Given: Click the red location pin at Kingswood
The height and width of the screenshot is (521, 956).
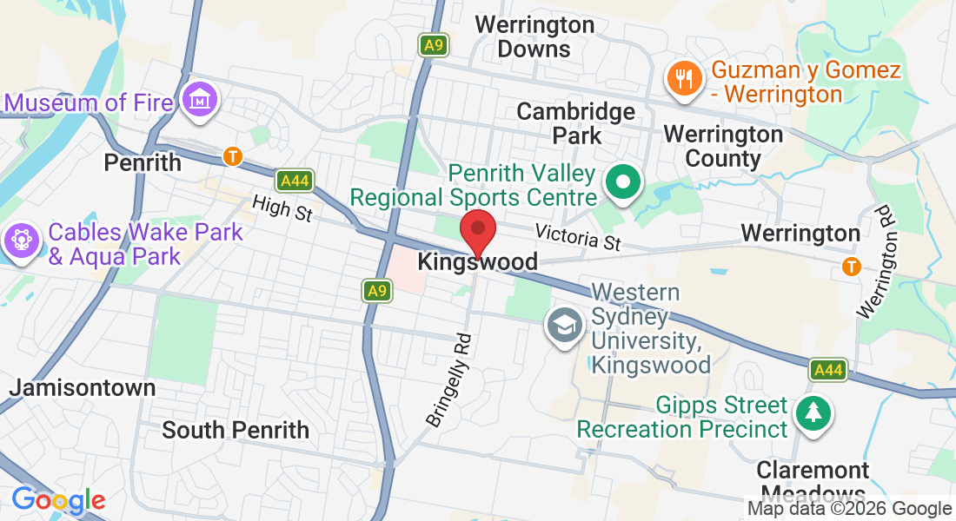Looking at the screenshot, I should coord(477,230).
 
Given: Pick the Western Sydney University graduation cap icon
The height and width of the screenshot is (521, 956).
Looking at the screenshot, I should coord(564,326).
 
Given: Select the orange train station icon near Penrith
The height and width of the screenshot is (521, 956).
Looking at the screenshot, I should coord(232,156).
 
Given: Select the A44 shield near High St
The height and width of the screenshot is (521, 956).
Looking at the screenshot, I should coord(295,181).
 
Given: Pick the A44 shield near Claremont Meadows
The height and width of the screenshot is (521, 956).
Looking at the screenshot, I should coord(828,370).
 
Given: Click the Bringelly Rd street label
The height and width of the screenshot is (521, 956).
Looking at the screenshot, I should coord(449,380).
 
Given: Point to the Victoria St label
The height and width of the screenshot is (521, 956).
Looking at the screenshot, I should coord(578,237).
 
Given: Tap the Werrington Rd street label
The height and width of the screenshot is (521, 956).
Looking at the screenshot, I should coord(875,260).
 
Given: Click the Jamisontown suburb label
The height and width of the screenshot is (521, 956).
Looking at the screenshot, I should coord(83,387).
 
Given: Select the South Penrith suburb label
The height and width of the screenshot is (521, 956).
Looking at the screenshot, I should coord(236,429).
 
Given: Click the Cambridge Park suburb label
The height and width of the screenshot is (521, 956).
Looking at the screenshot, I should coord(576,123).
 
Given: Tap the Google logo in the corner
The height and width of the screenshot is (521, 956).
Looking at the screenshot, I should coord(58,500).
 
